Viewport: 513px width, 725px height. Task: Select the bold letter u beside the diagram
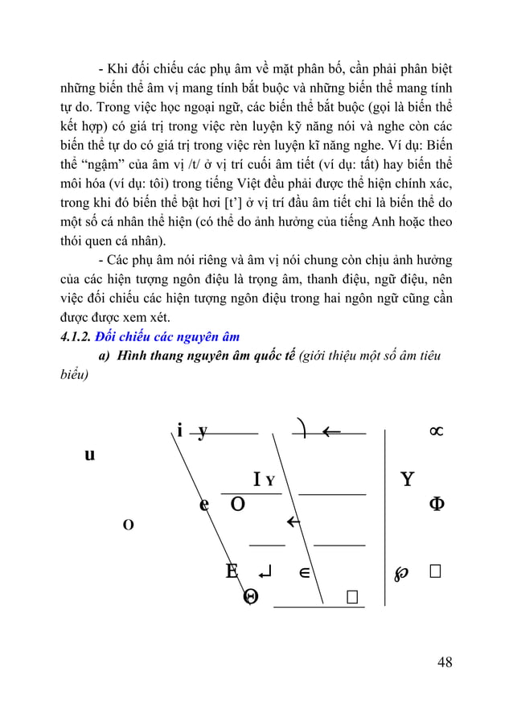pos(89,455)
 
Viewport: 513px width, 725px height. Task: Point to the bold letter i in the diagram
pos(181,432)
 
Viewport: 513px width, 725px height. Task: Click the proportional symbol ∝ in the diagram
pos(435,432)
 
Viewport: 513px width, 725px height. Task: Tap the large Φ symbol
pos(438,504)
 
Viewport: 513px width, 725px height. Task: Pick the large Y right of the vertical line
pos(407,480)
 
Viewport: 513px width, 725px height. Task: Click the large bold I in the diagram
pos(256,480)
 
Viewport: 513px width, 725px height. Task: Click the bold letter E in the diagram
pos(232,571)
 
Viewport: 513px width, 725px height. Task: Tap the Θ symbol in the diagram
pos(251,596)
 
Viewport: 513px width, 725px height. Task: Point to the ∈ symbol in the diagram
pos(305,572)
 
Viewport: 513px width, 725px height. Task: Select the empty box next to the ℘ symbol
pos(435,571)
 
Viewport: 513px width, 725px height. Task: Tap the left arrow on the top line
pos(330,432)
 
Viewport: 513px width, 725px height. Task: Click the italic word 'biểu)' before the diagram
pos(75,375)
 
